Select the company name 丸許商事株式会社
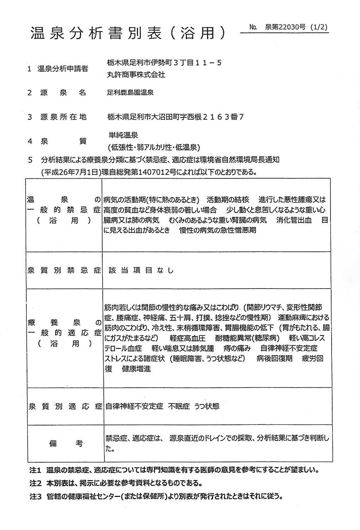coord(136,75)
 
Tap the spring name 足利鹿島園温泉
coord(130,93)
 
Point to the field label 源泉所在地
coord(63,117)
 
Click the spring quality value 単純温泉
coord(123,135)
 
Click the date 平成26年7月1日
coord(71,172)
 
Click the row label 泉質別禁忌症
coord(64,270)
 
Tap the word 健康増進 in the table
coord(137,369)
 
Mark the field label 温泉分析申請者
coord(63,68)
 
